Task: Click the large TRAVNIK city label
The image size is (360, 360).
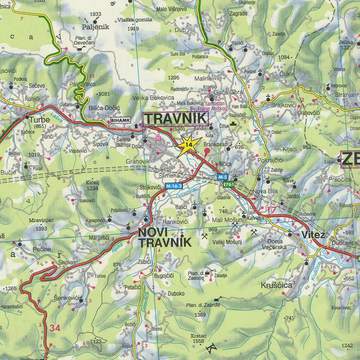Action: (175, 120)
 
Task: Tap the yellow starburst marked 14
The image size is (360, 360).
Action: (189, 146)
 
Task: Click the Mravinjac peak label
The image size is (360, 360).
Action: (41, 219)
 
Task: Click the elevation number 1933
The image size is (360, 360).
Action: (97, 14)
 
